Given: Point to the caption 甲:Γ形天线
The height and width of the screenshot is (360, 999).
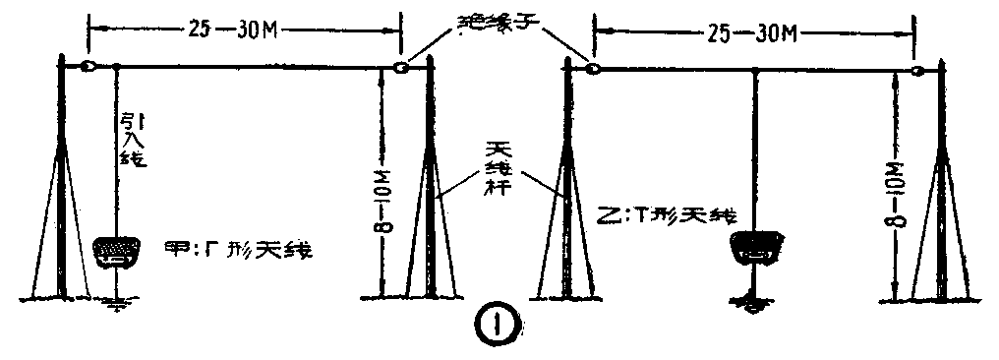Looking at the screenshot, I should [x=239, y=248].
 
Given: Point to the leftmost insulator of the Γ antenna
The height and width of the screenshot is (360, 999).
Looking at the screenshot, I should [x=88, y=67].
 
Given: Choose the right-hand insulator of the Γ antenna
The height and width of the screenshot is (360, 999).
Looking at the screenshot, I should [x=400, y=69].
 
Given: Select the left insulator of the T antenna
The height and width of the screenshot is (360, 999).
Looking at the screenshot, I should [x=594, y=69].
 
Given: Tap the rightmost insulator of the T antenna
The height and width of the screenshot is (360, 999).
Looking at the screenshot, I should [x=915, y=71].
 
